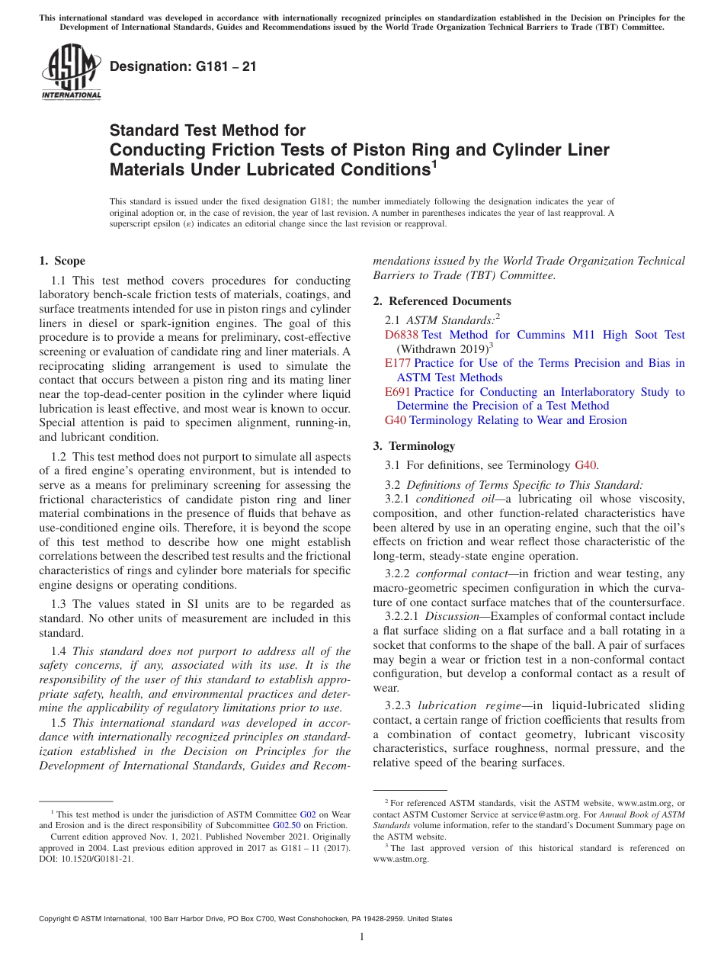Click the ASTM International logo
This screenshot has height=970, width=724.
point(71,72)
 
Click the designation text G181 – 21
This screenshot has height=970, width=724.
point(183,67)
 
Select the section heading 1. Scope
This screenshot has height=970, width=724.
point(62,261)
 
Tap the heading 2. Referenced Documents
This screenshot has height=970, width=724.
point(442,300)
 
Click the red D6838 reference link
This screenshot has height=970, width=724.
point(402,335)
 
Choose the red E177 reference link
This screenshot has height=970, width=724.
point(398,363)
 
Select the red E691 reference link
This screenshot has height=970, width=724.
point(398,392)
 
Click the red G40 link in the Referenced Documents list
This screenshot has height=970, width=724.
point(396,420)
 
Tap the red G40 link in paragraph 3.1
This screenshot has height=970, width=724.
point(585,465)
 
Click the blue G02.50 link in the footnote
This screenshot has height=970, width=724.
point(287,824)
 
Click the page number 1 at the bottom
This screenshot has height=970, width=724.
point(362,937)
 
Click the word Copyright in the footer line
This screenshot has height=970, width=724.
point(57,919)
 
